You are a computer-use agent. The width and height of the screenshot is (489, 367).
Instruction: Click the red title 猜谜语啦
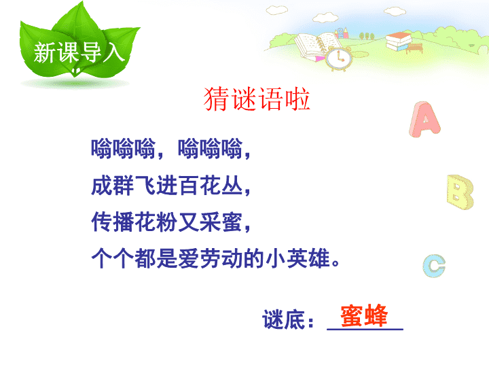pyautogui.click(x=257, y=99)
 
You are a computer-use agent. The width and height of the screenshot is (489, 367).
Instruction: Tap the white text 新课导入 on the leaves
pyautogui.click(x=79, y=53)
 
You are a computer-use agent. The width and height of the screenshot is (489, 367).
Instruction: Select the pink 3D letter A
pyautogui.click(x=424, y=119)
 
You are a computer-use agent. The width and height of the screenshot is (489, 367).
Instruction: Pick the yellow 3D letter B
pyautogui.click(x=460, y=192)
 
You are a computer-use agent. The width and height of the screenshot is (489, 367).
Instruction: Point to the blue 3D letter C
pyautogui.click(x=434, y=266)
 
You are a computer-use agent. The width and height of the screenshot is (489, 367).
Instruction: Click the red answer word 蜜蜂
pyautogui.click(x=364, y=315)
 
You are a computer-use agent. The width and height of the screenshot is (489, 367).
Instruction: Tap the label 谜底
pyautogui.click(x=283, y=319)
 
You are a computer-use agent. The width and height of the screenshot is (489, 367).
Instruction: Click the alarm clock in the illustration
pyautogui.click(x=338, y=58)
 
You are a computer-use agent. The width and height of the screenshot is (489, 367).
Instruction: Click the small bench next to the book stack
pyautogui.click(x=414, y=49)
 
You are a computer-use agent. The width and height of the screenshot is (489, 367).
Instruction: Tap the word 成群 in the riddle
pyautogui.click(x=113, y=186)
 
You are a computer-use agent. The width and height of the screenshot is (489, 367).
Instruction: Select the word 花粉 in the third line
pyautogui.click(x=156, y=222)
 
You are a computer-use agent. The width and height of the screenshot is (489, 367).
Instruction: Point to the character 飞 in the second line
pyautogui.click(x=145, y=186)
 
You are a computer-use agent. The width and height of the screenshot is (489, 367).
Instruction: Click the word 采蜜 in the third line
pyautogui.click(x=221, y=222)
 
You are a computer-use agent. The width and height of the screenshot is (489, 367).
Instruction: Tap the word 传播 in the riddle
pyautogui.click(x=113, y=222)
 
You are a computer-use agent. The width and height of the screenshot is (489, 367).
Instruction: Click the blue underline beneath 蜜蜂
pyautogui.click(x=365, y=329)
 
